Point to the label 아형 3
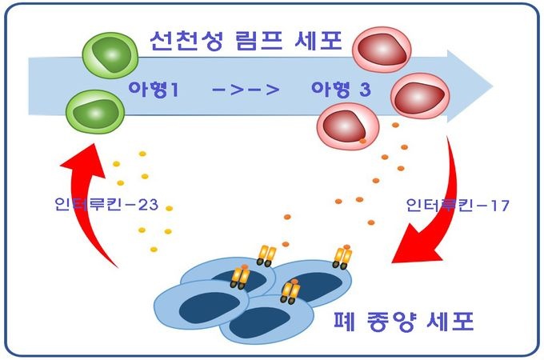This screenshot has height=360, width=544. [340, 90]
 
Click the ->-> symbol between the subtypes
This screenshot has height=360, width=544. [246, 90]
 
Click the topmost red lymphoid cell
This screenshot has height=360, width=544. [381, 51]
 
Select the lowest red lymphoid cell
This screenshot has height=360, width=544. [345, 125]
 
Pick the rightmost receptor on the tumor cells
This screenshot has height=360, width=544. [342, 257]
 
